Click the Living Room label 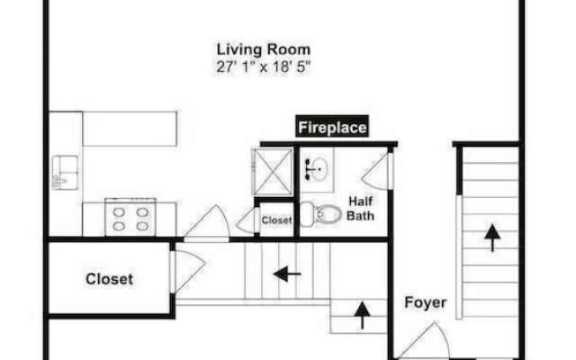point(264,49)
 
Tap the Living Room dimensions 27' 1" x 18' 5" point(264,67)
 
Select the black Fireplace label point(332,127)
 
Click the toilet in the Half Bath point(321,214)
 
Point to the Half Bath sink point(316,169)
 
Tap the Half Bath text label point(360,208)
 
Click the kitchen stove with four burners point(130,217)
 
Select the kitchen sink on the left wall point(66,172)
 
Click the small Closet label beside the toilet point(276,220)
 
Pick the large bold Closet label point(110,279)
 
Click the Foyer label point(426,302)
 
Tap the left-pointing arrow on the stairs point(287,274)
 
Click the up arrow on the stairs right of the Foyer point(492,238)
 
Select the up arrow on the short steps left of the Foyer point(362,315)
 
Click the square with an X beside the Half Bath point(273,171)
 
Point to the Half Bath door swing point(374,172)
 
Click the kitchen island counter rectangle point(130,129)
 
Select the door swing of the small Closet point(246,220)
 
